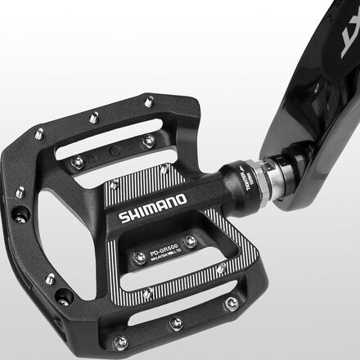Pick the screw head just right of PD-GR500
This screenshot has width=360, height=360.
pos(190,241)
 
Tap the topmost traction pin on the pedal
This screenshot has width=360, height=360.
pos(148,101)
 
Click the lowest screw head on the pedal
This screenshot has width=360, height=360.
pos(121,342)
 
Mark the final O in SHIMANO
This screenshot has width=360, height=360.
pos(182,200)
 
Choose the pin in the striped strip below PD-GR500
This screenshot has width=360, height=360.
pos(147,293)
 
